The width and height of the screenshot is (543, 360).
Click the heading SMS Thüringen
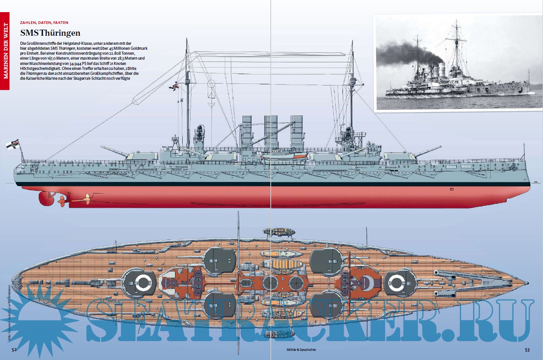50,33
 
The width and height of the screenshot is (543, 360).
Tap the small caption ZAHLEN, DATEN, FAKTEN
44,23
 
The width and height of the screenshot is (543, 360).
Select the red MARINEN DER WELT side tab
5,51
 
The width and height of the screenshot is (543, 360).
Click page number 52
14,350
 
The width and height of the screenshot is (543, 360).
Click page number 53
527,350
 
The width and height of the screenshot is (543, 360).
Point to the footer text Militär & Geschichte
301,350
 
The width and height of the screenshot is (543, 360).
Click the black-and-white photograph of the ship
458,63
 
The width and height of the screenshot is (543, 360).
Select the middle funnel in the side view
271,131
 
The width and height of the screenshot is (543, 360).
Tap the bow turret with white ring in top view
398,283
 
